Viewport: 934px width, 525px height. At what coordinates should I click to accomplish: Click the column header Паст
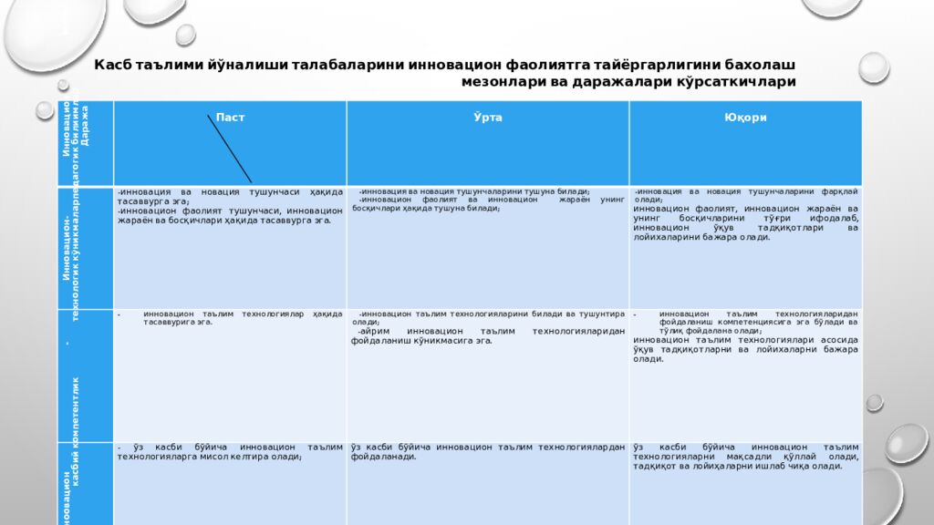230,118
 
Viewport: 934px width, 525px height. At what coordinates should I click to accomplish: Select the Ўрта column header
487,118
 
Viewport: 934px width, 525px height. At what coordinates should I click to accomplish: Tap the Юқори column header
745,118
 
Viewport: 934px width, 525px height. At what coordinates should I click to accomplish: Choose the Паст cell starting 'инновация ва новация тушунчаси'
229,206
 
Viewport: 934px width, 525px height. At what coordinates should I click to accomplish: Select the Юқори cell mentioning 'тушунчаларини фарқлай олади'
745,214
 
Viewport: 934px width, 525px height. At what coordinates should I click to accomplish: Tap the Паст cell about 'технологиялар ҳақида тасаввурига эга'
229,318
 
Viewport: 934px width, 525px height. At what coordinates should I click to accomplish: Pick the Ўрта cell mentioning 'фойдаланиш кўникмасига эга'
487,327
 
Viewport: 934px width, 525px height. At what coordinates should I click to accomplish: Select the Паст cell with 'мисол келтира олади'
229,452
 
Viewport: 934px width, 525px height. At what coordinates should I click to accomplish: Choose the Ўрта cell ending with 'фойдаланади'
487,452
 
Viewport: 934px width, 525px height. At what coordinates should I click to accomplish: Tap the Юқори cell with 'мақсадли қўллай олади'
745,457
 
